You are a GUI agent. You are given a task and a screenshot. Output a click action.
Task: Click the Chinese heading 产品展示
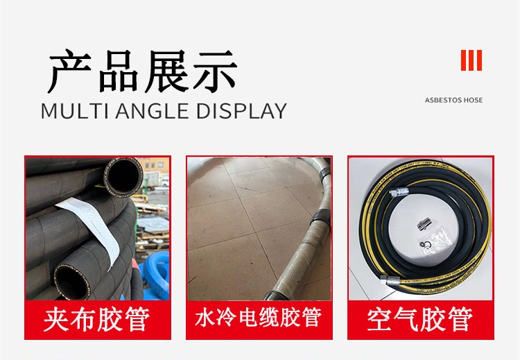143,71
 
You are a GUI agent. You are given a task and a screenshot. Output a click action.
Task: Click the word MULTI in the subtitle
75,111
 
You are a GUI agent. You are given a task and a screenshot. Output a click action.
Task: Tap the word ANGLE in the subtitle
153,111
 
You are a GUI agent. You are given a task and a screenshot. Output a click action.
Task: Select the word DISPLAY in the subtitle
241,111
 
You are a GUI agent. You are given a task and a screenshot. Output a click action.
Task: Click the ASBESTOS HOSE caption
453,100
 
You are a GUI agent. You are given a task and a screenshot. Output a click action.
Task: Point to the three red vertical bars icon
471,60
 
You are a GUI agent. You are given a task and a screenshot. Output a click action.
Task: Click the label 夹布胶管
97,319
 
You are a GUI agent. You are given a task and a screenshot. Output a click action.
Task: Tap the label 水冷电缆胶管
259,317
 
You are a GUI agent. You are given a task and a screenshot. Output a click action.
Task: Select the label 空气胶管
420,319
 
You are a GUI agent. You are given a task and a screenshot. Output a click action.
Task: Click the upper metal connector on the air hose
398,191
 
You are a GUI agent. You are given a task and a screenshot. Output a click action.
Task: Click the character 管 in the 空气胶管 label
460,319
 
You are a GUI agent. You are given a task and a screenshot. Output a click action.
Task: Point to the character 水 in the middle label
205,317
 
